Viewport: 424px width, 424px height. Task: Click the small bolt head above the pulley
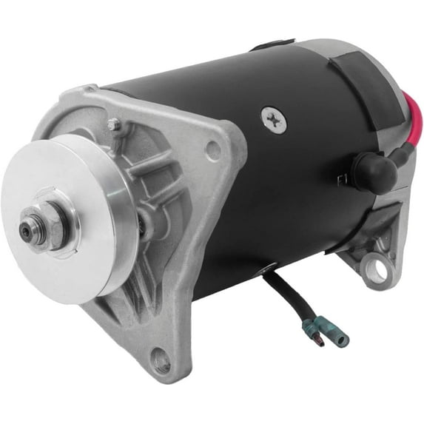113,125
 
